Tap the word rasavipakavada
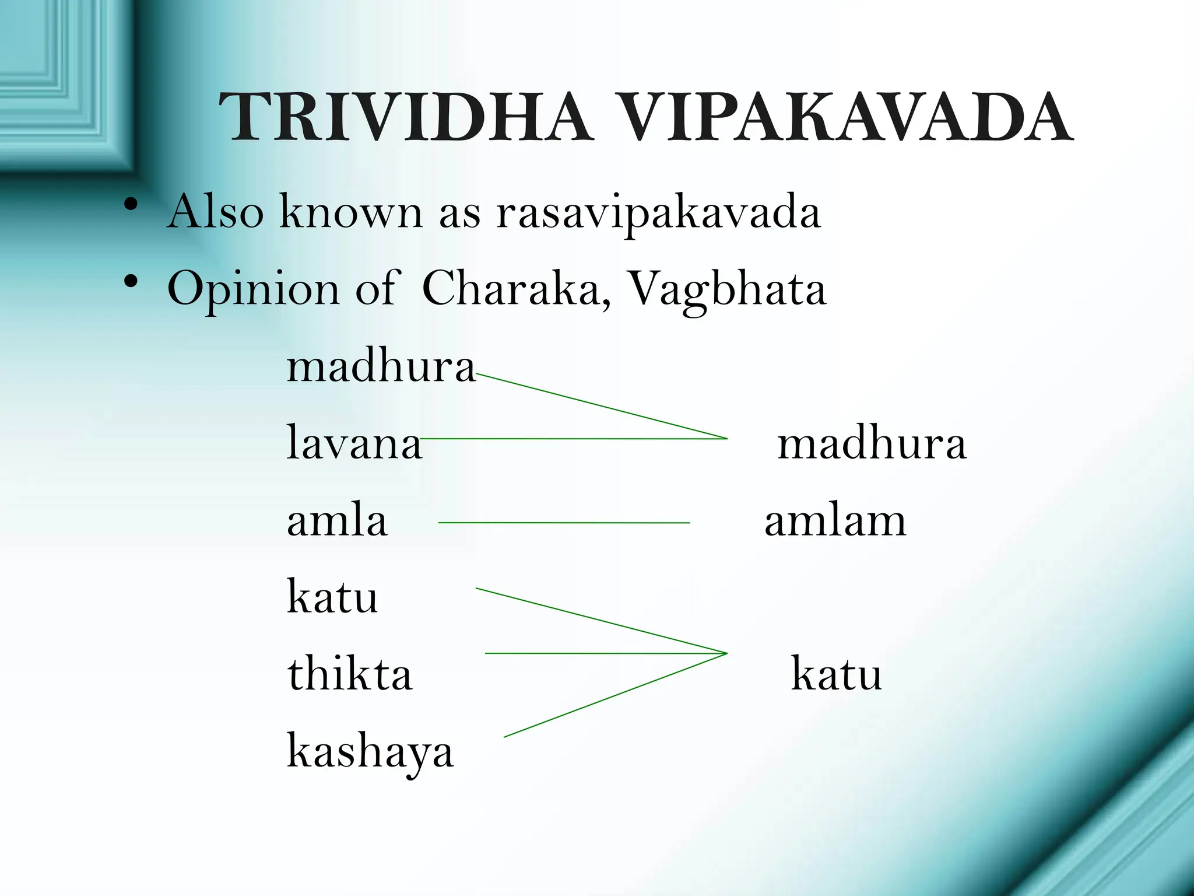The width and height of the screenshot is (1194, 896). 659,212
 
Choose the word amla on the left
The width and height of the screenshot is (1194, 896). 337,521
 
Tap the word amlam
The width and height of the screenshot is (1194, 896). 835,521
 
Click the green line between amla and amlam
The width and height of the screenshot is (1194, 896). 564,523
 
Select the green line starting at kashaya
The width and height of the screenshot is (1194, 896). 615,695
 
